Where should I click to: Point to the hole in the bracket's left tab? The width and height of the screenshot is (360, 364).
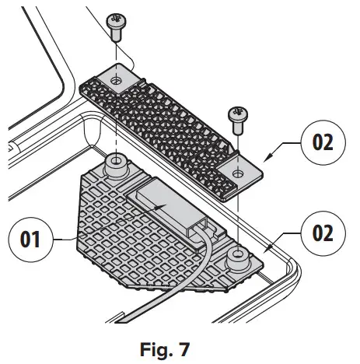point(116,80)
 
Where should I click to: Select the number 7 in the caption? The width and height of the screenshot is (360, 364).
point(185,345)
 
